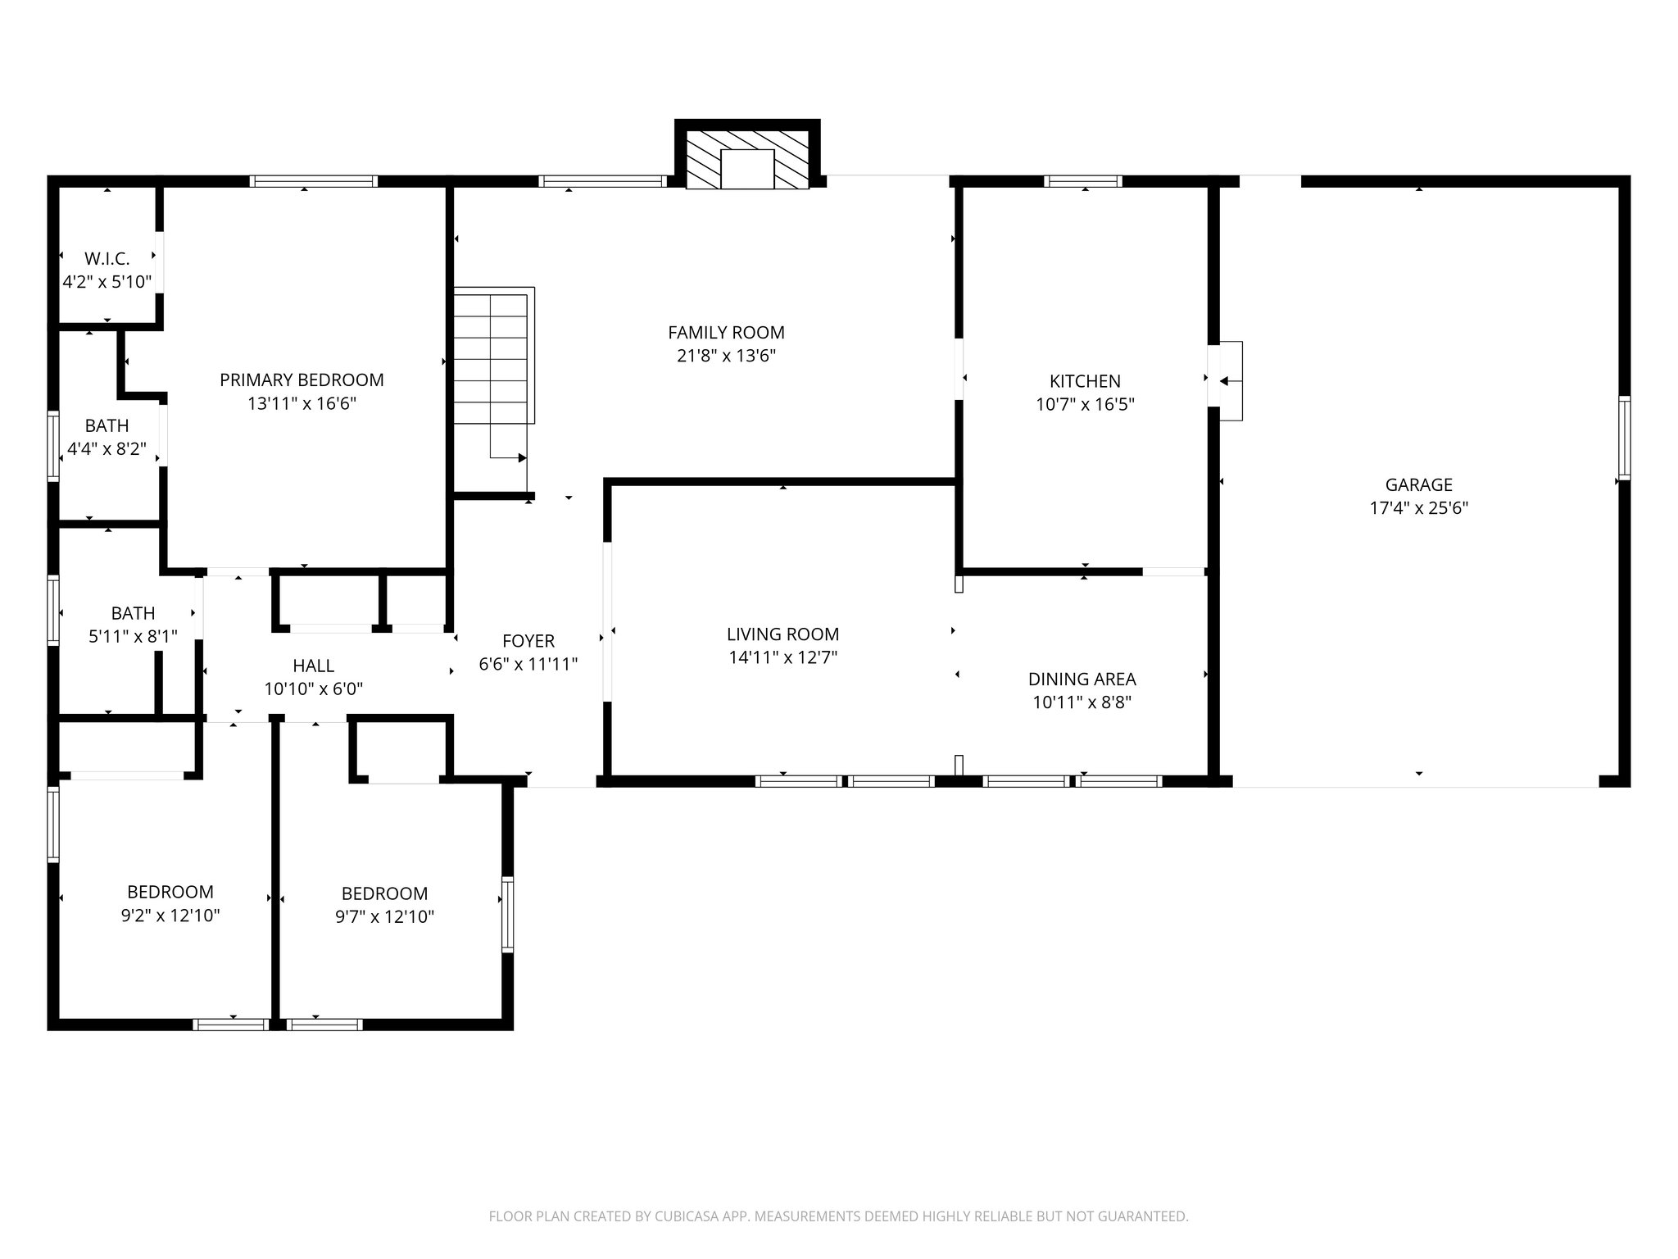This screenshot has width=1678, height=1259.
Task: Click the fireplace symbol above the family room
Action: (x=746, y=161)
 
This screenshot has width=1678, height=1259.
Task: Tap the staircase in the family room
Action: (x=492, y=361)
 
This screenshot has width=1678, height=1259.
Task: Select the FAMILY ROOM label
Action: (x=726, y=333)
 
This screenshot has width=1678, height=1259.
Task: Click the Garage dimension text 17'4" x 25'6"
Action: (x=1418, y=508)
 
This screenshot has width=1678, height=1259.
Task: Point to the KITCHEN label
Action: (x=1085, y=381)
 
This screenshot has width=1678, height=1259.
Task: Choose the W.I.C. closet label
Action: (x=107, y=259)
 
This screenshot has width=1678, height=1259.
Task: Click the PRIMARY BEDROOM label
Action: (x=302, y=380)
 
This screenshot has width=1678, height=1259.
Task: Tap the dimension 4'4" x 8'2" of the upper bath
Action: (x=107, y=449)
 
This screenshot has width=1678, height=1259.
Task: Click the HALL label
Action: (x=313, y=666)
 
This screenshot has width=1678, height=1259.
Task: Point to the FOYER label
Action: (x=528, y=641)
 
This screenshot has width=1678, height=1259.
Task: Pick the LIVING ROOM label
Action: (x=782, y=634)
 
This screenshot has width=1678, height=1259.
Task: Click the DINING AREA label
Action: (x=1082, y=679)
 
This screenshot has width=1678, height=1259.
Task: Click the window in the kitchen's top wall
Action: (x=1083, y=181)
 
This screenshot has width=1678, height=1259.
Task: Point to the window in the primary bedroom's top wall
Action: (x=314, y=181)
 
